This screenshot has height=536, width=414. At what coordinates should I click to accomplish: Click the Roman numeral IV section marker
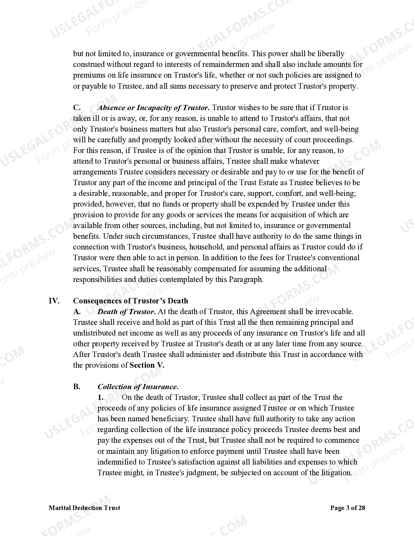point(54,301)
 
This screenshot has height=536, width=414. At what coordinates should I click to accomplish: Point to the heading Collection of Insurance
point(138,387)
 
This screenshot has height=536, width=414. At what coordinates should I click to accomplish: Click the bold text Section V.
point(147,365)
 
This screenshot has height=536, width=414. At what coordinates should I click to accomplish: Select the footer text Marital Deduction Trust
point(84,508)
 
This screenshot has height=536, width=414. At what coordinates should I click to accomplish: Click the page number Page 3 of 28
point(347,508)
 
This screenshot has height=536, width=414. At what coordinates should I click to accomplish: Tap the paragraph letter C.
point(77,108)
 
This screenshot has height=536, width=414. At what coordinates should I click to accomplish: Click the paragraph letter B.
point(77,387)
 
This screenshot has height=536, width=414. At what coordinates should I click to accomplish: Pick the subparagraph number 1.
point(101,397)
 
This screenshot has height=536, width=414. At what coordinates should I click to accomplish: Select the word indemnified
point(116,462)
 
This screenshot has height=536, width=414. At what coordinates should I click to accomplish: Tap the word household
point(205,247)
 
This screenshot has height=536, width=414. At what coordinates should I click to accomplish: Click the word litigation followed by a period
point(336,473)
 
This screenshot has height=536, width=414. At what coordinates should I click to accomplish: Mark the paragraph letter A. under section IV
point(77,312)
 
